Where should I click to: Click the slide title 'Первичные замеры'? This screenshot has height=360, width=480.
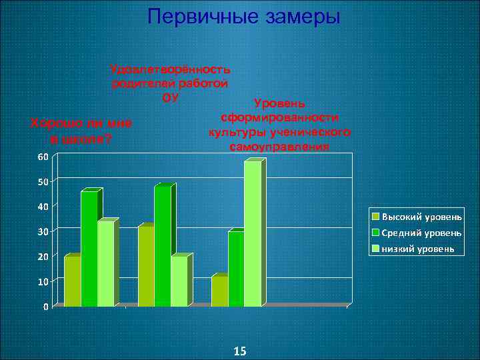pyautogui.click(x=244, y=17)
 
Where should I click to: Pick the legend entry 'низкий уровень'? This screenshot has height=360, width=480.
pyautogui.click(x=418, y=249)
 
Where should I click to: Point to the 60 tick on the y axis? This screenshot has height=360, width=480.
pyautogui.click(x=42, y=157)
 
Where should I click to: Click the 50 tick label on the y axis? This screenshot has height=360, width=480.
pyautogui.click(x=42, y=181)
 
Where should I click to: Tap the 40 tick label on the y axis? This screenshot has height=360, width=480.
pyautogui.click(x=42, y=207)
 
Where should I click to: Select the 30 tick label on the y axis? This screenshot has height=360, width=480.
pyautogui.click(x=42, y=231)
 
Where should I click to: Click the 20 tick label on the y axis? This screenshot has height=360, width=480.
pyautogui.click(x=42, y=257)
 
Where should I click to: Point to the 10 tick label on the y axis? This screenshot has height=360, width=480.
pyautogui.click(x=42, y=282)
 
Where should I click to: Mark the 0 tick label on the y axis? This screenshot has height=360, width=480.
pyautogui.click(x=45, y=307)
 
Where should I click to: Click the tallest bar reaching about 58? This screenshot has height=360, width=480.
pyautogui.click(x=253, y=233)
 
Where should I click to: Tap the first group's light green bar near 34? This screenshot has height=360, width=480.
pyautogui.click(x=106, y=263)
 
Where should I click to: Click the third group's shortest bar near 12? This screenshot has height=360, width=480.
pyautogui.click(x=219, y=291)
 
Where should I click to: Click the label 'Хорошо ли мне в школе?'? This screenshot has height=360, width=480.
pyautogui.click(x=82, y=131)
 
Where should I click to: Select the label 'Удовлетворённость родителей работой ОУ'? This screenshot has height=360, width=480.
pyautogui.click(x=171, y=83)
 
